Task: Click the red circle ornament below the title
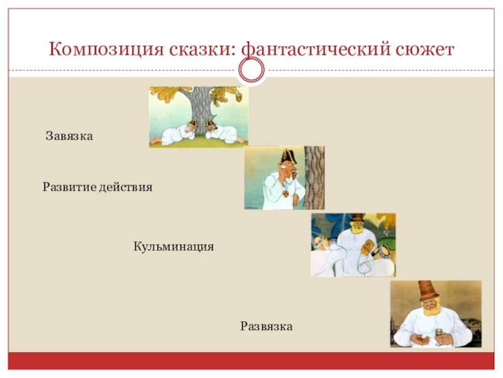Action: click(x=251, y=71)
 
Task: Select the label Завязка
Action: click(x=69, y=136)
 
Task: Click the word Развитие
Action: click(x=67, y=188)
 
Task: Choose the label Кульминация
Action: click(x=174, y=246)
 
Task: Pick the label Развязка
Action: click(x=267, y=326)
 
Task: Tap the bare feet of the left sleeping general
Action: click(x=154, y=141)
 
